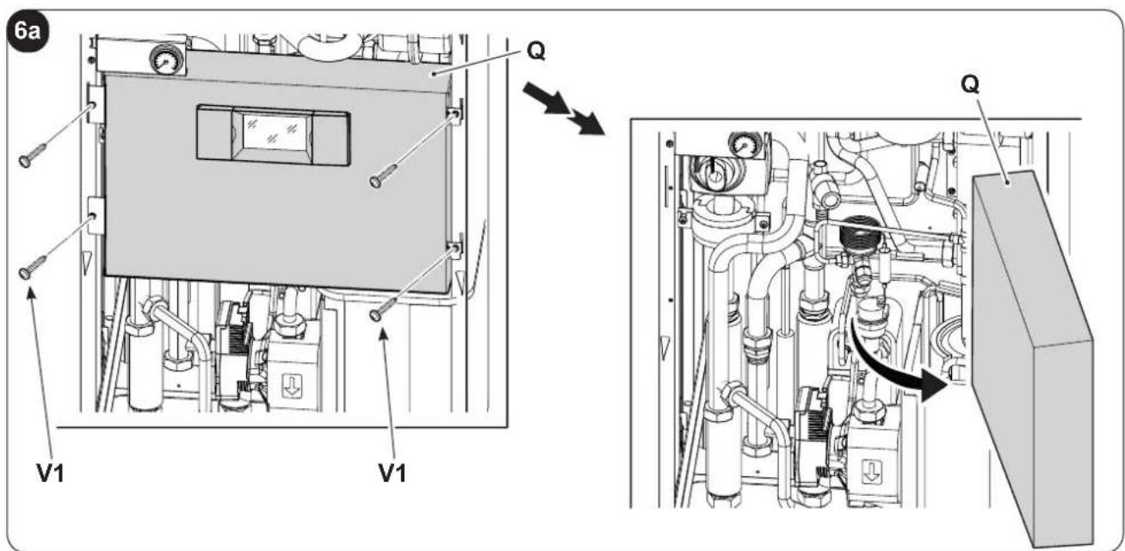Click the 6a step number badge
pos(28,32)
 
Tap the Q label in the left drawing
pos(536,52)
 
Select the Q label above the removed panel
pos(970,85)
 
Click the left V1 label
pos(50,473)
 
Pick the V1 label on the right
pos(393,473)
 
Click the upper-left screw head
pos(25,161)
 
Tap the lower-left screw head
pos(25,273)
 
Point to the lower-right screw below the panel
pos(384,308)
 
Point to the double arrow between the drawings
pos(564,109)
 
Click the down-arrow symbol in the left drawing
pos(291,386)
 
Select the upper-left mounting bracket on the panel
pos(96,104)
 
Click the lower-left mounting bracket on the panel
pos(96,216)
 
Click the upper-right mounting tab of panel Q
pos(455,116)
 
